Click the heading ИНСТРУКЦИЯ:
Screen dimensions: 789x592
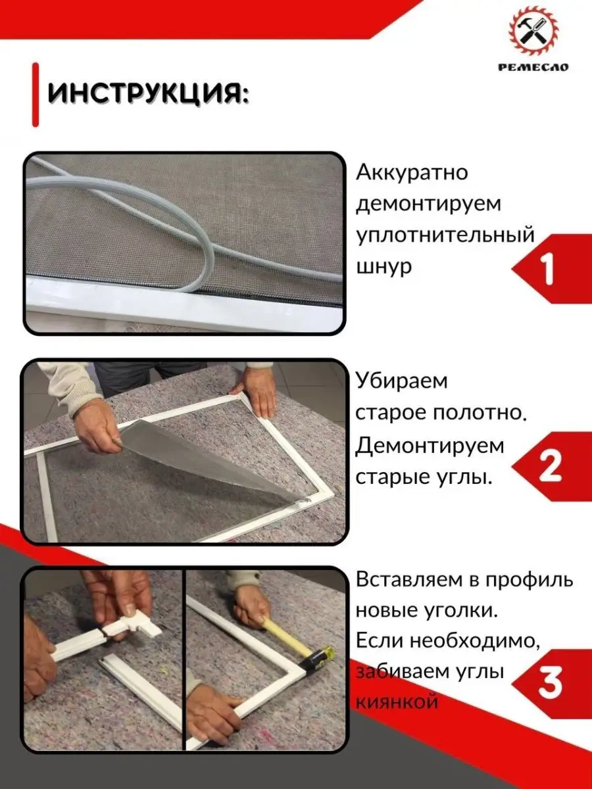click(x=148, y=94)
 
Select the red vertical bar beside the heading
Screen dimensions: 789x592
click(x=36, y=94)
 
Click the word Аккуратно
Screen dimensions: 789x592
click(x=412, y=173)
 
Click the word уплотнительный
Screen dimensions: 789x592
click(x=445, y=236)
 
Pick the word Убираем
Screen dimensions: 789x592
click(x=401, y=381)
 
